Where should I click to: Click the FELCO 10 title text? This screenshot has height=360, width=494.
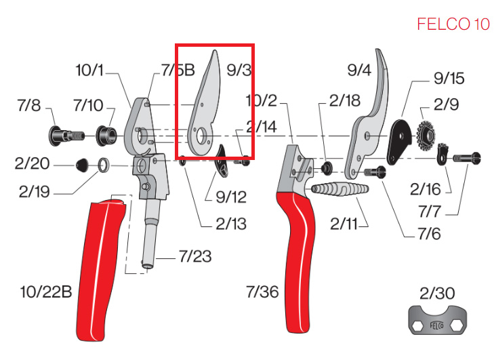click(453, 24)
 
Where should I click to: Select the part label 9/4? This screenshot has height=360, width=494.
click(359, 70)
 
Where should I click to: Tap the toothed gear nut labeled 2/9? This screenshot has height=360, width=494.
click(426, 136)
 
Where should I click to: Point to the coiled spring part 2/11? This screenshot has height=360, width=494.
click(339, 189)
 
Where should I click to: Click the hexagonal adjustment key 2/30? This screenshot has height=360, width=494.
click(438, 320)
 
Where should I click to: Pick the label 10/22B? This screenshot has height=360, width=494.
click(46, 292)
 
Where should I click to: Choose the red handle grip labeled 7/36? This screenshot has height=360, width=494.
click(296, 262)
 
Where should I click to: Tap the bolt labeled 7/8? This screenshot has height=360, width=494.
click(66, 136)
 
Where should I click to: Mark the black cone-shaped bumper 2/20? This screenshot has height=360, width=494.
click(83, 165)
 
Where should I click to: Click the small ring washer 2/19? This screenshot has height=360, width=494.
click(104, 165)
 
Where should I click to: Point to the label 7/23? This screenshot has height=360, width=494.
click(195, 256)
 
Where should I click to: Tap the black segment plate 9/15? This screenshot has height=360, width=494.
click(399, 142)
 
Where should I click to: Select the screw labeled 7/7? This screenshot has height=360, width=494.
click(467, 157)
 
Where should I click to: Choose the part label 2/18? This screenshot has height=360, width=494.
click(345, 101)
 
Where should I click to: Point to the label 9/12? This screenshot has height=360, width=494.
click(231, 197)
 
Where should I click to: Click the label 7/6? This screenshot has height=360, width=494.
click(429, 234)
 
